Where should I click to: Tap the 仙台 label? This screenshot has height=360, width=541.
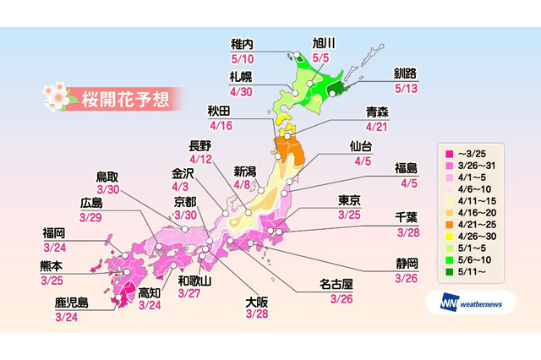360,146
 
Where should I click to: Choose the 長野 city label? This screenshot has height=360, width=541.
200,145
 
